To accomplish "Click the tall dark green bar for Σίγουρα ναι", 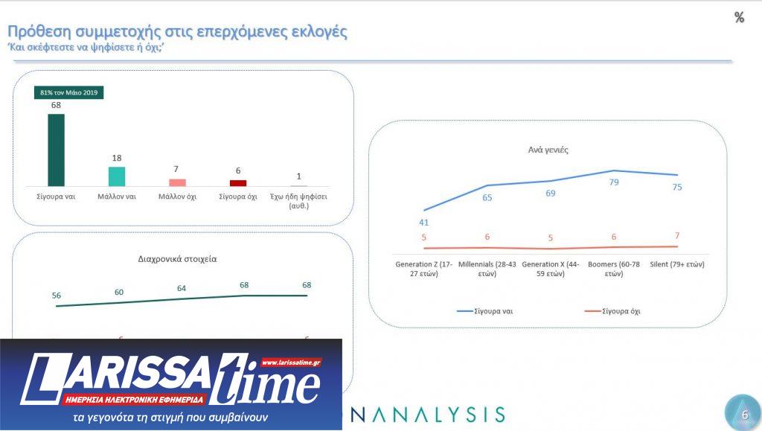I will click(56, 150).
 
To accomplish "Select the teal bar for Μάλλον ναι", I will click(117, 176).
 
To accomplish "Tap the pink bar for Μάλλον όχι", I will click(177, 182).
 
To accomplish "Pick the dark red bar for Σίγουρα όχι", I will click(238, 183).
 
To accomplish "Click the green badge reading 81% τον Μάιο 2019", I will click(68, 93).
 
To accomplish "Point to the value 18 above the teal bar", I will click(117, 158).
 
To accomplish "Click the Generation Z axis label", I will click(423, 269).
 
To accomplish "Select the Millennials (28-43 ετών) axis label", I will click(487, 269).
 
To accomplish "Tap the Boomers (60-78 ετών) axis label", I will click(614, 269).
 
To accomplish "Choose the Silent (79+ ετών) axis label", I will click(676, 264).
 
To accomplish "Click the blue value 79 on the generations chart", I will click(614, 182).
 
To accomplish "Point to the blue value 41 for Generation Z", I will click(423, 222).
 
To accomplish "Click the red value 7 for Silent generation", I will click(677, 236).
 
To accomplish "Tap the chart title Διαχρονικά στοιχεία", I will click(177, 259).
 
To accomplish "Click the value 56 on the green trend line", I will click(57, 295).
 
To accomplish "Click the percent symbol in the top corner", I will click(739, 18).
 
